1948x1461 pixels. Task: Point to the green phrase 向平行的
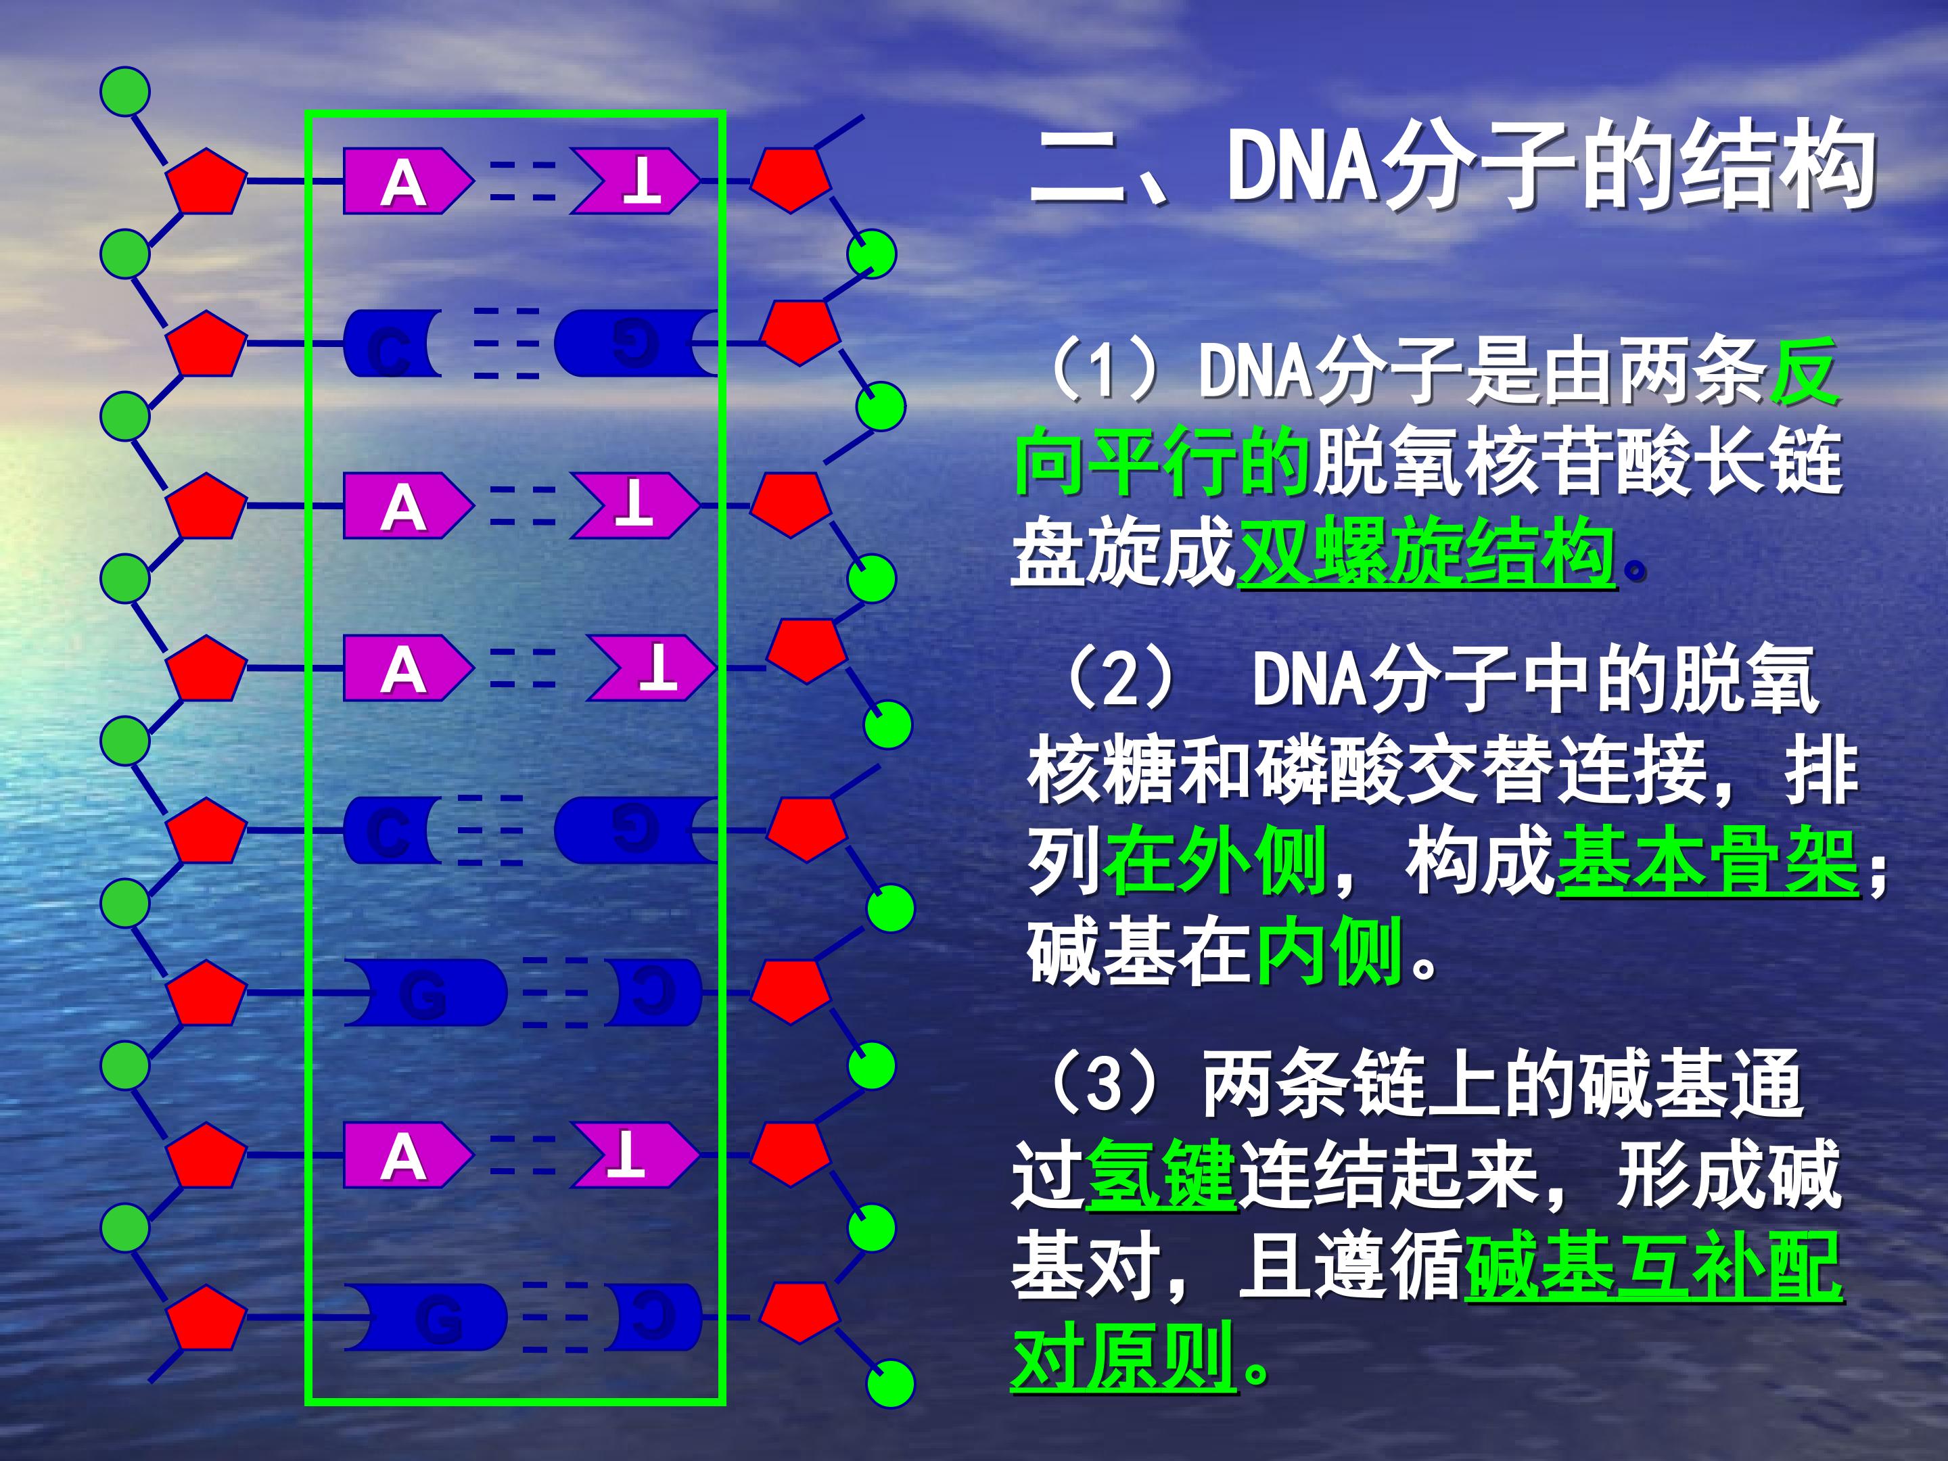coord(1163,461)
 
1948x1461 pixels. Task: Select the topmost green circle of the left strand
coord(125,91)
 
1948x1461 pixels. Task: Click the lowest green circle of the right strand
coord(889,1382)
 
